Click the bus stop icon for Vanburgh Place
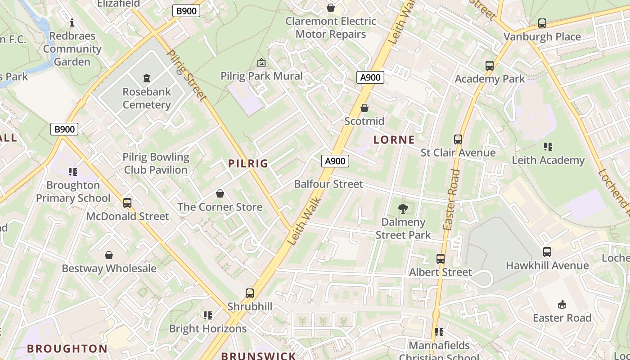click(x=542, y=23)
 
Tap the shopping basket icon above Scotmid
click(x=364, y=108)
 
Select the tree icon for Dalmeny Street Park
click(x=403, y=208)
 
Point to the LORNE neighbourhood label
click(x=394, y=139)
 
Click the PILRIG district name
click(x=248, y=163)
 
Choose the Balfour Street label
click(x=328, y=184)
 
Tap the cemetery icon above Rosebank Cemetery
click(x=147, y=78)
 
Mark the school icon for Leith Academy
click(x=548, y=147)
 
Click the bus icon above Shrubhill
click(x=250, y=293)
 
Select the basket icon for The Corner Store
click(x=220, y=193)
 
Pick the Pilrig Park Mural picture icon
click(x=261, y=63)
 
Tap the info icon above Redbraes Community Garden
click(x=72, y=22)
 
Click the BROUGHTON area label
click(x=67, y=349)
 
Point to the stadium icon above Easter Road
click(x=562, y=305)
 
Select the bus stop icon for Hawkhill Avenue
click(x=547, y=252)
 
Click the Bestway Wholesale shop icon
click(x=109, y=255)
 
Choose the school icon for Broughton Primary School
click(x=73, y=172)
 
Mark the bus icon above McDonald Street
click(x=127, y=203)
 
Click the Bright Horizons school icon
click(x=207, y=315)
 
